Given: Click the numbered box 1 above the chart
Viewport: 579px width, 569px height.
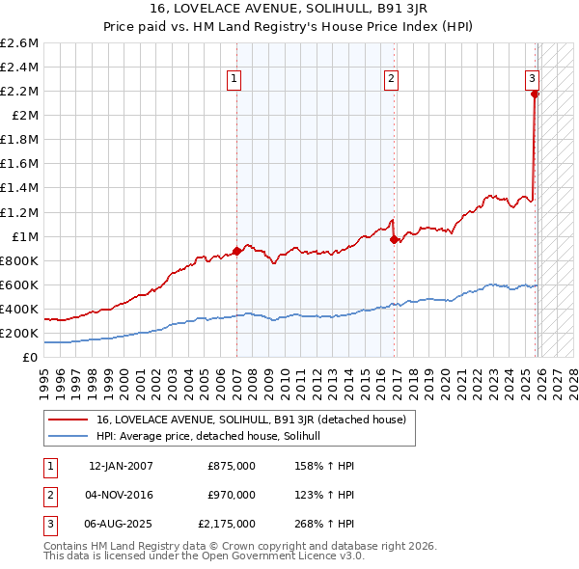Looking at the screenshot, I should tap(234, 80).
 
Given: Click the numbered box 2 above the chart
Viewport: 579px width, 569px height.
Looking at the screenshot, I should tap(391, 80).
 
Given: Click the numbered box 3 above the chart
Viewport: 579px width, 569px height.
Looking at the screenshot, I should tap(532, 80).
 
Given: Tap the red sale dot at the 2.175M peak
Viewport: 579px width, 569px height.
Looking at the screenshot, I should tap(535, 94).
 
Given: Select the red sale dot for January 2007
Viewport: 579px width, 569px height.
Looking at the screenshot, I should tap(236, 252).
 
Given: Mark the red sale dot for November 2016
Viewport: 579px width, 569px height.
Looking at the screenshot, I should tap(394, 240).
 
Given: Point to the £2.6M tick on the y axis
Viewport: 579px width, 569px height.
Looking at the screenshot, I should tap(19, 43).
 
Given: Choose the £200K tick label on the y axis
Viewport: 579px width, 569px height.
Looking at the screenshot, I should tap(19, 334).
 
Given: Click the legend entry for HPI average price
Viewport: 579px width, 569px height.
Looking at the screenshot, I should tap(214, 436).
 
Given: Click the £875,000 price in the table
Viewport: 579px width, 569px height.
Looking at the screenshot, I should tap(232, 465).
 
